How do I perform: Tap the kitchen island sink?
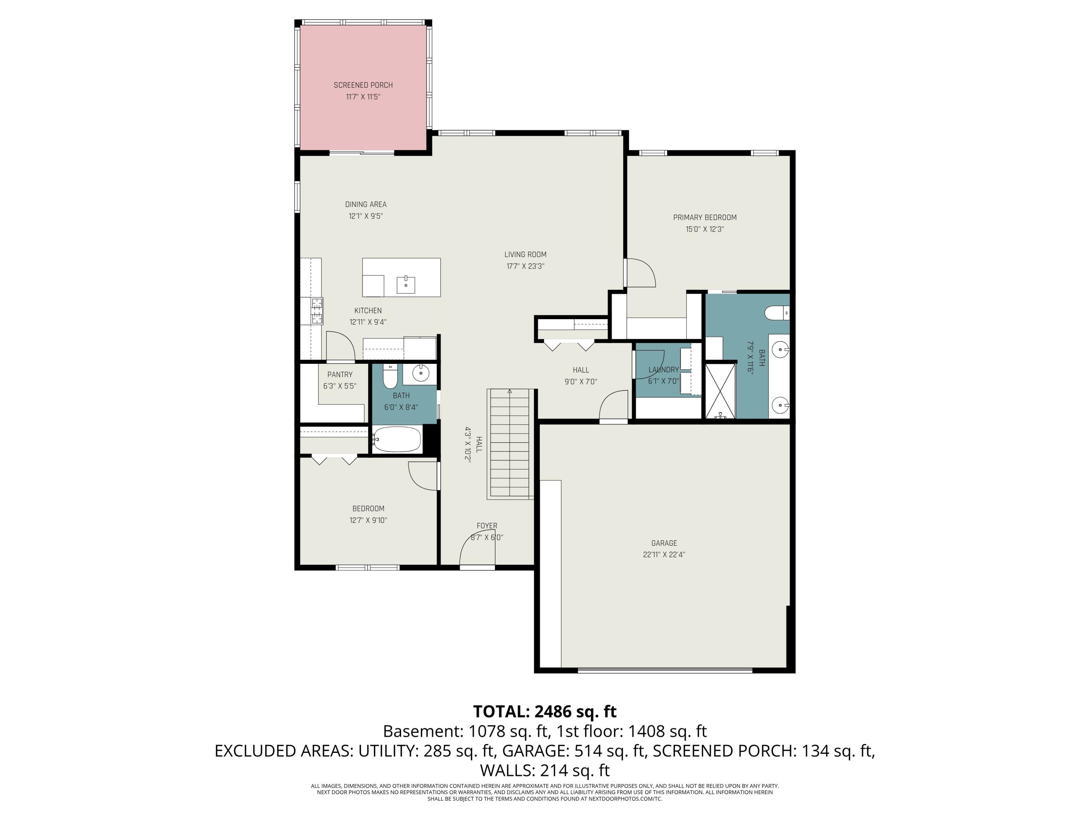tap(405, 285)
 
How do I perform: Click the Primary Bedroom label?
tap(705, 217)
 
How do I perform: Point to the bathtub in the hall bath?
tap(397, 439)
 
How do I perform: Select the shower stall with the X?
tap(720, 391)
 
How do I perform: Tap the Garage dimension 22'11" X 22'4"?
tap(664, 554)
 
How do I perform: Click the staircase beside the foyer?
tap(510, 443)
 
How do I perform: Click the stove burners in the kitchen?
tap(317, 311)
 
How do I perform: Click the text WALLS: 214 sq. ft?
tap(545, 770)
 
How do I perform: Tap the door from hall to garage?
tap(614, 406)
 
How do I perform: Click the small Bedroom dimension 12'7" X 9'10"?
tap(368, 520)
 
